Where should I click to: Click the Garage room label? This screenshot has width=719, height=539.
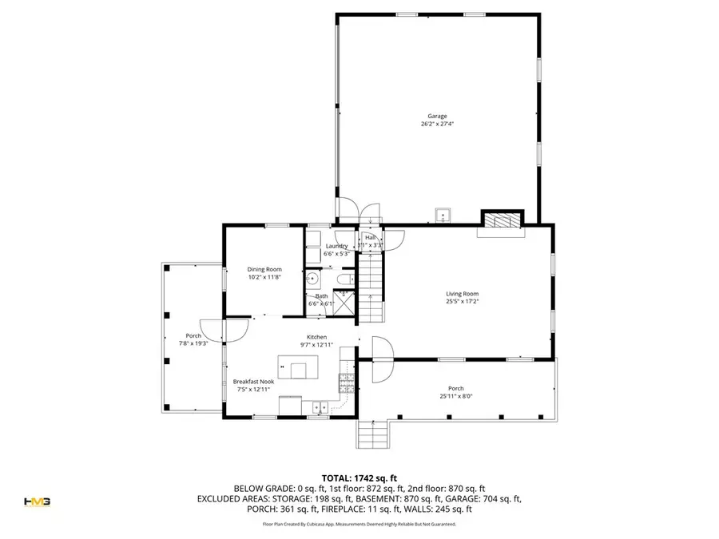pyautogui.click(x=436, y=116)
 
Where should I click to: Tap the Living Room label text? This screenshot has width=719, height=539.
pyautogui.click(x=462, y=294)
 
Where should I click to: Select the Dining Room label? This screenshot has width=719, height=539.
pyautogui.click(x=264, y=270)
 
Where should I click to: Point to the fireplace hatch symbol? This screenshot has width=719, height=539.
pyautogui.click(x=501, y=221)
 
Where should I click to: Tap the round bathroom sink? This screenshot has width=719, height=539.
pyautogui.click(x=313, y=279)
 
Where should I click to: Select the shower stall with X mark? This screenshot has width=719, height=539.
pyautogui.click(x=344, y=303)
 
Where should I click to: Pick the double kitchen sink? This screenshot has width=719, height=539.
pyautogui.click(x=318, y=407)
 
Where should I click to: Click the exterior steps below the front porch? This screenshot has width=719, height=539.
pyautogui.click(x=372, y=435)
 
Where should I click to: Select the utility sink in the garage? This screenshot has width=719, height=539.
pyautogui.click(x=443, y=215)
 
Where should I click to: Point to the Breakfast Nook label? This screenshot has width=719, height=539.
pyautogui.click(x=253, y=382)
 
